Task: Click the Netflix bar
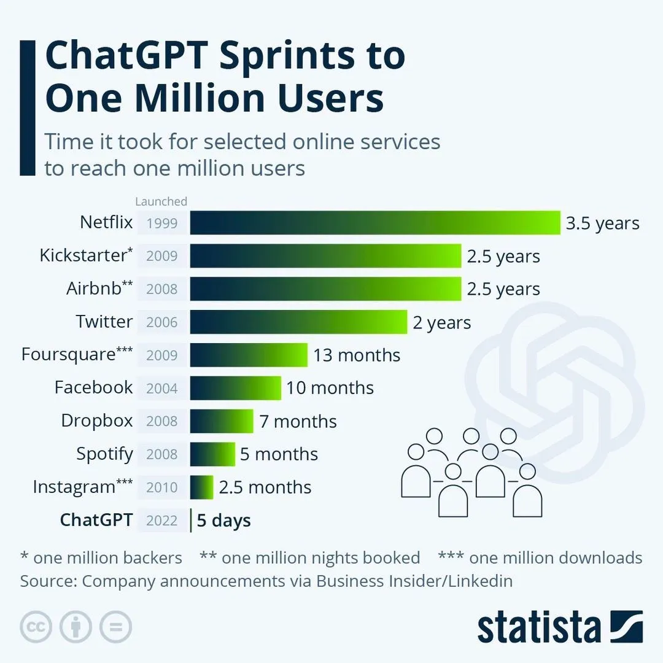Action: (374, 223)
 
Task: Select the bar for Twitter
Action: (298, 322)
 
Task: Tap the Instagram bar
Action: (201, 487)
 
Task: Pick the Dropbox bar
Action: (221, 421)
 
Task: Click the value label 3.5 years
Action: (602, 223)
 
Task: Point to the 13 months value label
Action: (357, 355)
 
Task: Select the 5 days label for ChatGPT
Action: (223, 521)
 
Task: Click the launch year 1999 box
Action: (162, 223)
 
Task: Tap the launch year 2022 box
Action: (162, 521)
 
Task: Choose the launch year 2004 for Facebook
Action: (162, 388)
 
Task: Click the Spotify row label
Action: (104, 454)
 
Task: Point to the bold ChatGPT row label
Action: (96, 521)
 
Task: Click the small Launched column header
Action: (161, 201)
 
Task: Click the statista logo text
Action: (539, 627)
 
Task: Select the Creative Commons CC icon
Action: (36, 627)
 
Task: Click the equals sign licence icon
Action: (115, 627)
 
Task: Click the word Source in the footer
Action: (47, 581)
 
